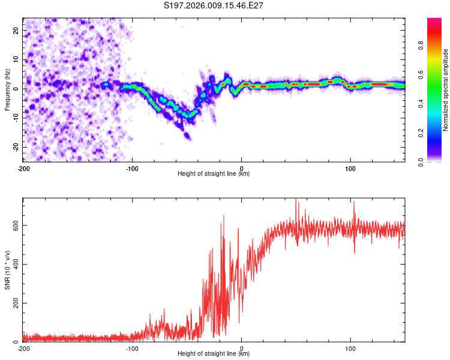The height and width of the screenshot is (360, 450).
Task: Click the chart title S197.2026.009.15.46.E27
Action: (x=213, y=5)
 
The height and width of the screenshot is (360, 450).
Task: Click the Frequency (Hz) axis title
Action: (x=7, y=90)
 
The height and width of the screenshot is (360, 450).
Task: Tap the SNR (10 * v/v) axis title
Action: (x=7, y=270)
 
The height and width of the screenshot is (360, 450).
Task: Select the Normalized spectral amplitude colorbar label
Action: (x=445, y=90)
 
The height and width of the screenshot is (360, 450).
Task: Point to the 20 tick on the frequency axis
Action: (x=16, y=31)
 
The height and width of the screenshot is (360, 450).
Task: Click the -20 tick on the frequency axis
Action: (x=16, y=147)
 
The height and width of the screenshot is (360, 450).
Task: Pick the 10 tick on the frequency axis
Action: (x=16, y=59)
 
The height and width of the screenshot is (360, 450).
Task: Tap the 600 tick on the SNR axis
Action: (x=16, y=226)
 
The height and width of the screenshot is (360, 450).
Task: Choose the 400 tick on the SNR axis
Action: (x=16, y=264)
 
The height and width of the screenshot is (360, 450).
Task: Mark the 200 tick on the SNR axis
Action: (x=16, y=303)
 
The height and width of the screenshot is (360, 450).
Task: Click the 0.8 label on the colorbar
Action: (x=421, y=46)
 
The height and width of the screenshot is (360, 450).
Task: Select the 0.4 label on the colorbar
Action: (x=421, y=104)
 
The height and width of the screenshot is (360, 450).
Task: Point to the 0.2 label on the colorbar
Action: (x=421, y=133)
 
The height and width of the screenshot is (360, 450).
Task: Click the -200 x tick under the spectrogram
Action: (x=23, y=169)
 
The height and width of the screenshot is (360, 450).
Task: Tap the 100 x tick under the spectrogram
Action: (x=350, y=169)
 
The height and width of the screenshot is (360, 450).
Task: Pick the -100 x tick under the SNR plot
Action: (x=132, y=349)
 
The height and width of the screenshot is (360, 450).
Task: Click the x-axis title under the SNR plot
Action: (x=214, y=353)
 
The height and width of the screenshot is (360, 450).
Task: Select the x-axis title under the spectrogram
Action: (x=214, y=173)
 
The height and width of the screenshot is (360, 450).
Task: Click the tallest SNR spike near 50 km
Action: (x=296, y=199)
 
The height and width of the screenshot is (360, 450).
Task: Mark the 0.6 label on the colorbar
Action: (x=421, y=74)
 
